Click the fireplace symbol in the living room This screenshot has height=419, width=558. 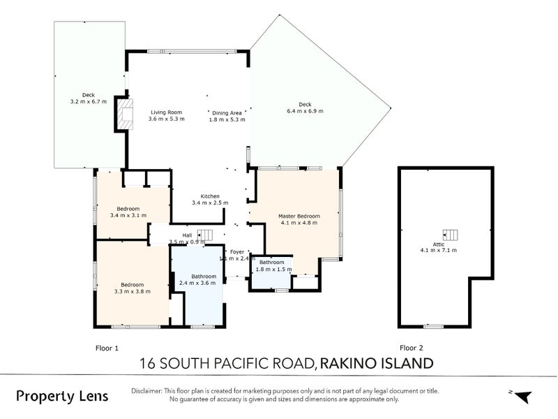click(125, 114)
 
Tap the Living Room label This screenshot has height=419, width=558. click(166, 112)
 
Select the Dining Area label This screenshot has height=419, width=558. click(227, 112)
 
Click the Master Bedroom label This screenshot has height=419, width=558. click(299, 216)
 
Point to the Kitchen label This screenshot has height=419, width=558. click(210, 196)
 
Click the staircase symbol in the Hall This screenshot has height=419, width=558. click(206, 235)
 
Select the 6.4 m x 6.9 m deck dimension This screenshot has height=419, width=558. click(305, 111)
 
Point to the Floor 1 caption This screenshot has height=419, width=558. click(107, 347)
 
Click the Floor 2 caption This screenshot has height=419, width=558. click(411, 347)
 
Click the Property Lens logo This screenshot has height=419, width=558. click(63, 396)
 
